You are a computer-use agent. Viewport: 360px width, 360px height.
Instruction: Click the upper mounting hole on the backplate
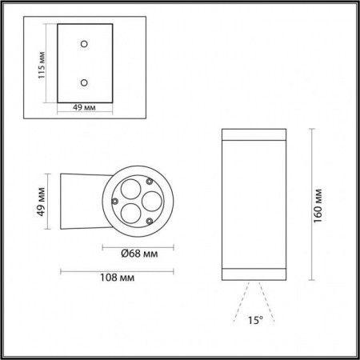point(82,45)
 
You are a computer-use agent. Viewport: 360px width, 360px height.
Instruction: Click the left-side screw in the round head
point(115,199)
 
